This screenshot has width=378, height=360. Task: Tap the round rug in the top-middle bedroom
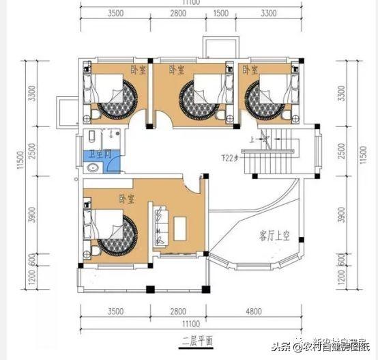click(197, 98)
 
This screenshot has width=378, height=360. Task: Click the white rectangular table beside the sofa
click(182, 226)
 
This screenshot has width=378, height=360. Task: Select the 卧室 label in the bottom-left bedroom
click(126, 199)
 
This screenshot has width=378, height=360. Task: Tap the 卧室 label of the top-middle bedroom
click(176, 70)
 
